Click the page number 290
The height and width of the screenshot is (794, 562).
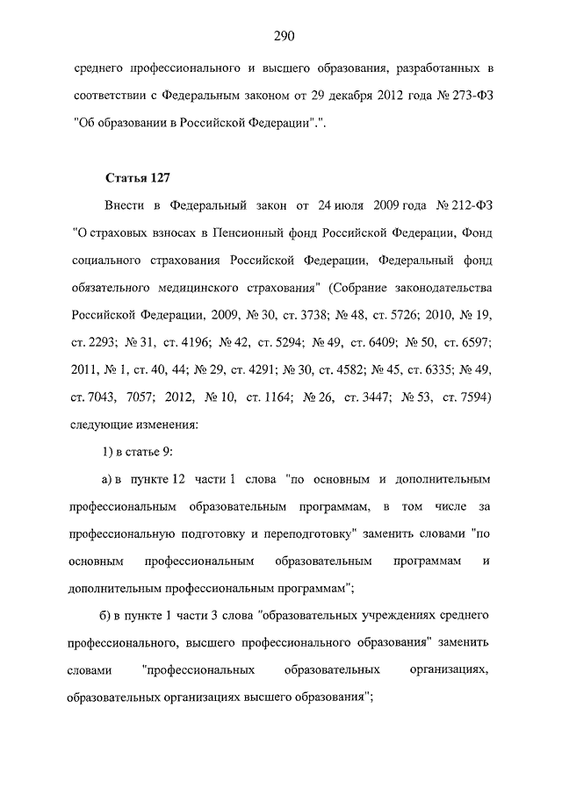coord(282,36)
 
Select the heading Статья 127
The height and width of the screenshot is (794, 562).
coord(137,179)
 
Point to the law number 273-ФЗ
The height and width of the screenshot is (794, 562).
coord(462,94)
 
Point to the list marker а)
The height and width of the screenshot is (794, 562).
coord(112,481)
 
